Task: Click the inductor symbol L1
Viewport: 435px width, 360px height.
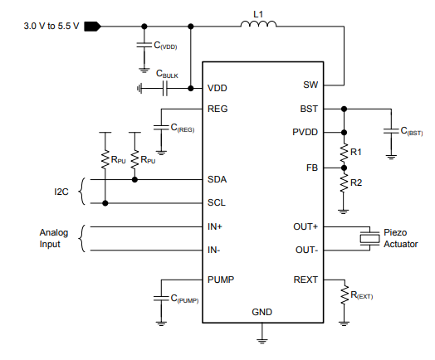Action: tap(258, 24)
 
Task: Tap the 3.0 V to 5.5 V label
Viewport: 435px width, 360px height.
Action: tap(51, 26)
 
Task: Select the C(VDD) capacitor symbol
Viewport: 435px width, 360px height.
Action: tap(144, 45)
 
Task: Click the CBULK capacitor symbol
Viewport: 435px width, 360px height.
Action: tap(165, 89)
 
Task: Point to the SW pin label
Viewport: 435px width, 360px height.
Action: tap(310, 85)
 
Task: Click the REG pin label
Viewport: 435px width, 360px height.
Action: tap(217, 109)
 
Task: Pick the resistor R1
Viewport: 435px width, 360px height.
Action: tap(344, 152)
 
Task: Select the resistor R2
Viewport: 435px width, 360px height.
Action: tap(344, 182)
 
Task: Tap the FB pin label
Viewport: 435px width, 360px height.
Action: tap(312, 168)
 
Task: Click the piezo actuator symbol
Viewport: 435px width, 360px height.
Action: tap(369, 238)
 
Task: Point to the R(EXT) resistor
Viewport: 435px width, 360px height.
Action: tap(345, 295)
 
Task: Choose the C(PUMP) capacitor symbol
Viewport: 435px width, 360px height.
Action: tap(161, 298)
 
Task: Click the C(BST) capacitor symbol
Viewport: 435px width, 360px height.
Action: tap(391, 130)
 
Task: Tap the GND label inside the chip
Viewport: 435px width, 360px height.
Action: tap(261, 312)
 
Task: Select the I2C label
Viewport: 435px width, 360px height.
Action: tap(61, 192)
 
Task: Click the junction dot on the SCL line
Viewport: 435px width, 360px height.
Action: tap(105, 203)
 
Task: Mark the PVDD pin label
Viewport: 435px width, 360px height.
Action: tap(305, 132)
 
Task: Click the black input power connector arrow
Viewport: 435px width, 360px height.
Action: tap(93, 27)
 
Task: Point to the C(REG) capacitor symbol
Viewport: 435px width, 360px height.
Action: tap(161, 128)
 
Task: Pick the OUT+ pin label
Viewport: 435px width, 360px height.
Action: tap(305, 227)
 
